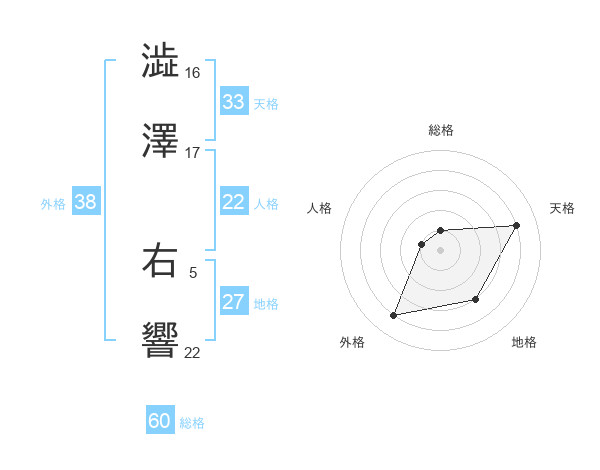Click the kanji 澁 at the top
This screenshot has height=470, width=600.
pos(160,61)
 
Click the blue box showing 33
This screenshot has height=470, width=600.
pos(233,102)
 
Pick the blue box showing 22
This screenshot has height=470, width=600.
pos(233,202)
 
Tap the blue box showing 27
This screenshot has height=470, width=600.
pos(233,302)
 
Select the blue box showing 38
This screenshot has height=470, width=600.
pos(85,202)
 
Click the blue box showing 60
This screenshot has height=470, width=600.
pos(160,421)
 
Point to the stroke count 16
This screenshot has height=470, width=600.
pos(193,73)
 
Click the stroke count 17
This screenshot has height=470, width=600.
pos(193,153)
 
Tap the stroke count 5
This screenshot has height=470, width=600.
pos(193,271)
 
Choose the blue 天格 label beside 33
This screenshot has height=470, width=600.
pos(266,103)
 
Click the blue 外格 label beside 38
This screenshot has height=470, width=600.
pos(53,203)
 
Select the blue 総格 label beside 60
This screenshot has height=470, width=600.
pos(192,422)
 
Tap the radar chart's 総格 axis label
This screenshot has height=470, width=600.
pos(441,130)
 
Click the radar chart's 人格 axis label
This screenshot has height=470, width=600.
pos(319,208)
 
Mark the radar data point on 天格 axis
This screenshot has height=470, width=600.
pos(516,225)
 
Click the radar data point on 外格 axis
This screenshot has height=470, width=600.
pos(394,315)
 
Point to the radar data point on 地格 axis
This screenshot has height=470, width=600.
pos(476,300)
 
